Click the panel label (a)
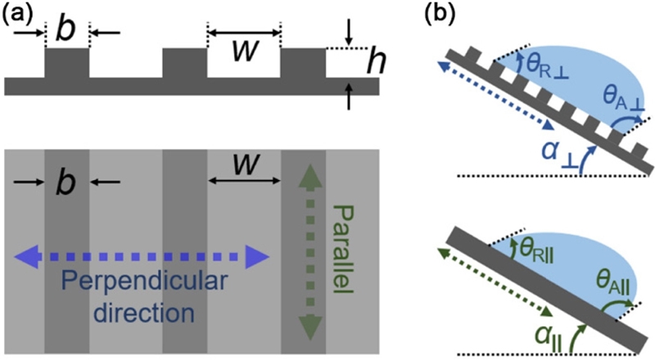(x=21, y=16)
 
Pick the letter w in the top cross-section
(x=243, y=50)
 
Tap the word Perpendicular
(x=142, y=288)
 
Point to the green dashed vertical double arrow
(x=309, y=251)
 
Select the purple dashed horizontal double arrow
(x=141, y=258)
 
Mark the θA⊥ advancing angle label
(x=620, y=101)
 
